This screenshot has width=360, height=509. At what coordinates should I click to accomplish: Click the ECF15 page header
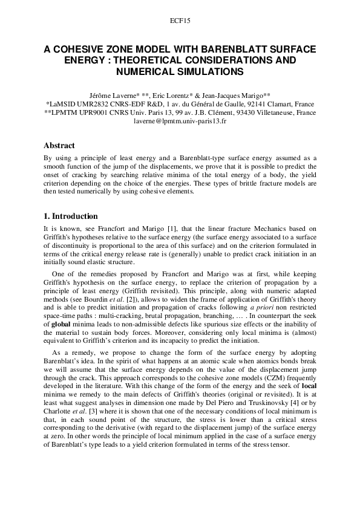[180, 21]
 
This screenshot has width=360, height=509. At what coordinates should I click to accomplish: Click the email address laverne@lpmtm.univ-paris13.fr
[180, 121]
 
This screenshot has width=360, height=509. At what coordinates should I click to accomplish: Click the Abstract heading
[59, 146]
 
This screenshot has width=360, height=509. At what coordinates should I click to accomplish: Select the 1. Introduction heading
[70, 216]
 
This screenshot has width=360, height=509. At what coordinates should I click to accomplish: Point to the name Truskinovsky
[250, 403]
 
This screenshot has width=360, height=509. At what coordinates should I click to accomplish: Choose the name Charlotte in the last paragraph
[59, 412]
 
